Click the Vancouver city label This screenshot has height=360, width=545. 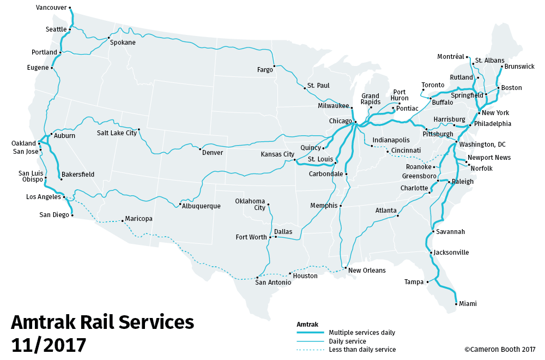(x=52, y=8)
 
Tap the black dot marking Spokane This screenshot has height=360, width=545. (x=108, y=38)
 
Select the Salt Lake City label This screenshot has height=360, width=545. (x=117, y=133)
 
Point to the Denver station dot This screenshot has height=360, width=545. (x=201, y=149)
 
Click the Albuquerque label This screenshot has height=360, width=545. (x=202, y=206)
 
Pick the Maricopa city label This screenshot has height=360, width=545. (x=138, y=219)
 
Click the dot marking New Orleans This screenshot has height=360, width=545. (x=346, y=268)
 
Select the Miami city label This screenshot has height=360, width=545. (x=468, y=304)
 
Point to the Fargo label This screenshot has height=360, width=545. (x=265, y=70)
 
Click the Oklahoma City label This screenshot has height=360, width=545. (x=250, y=204)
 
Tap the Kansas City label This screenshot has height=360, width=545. (x=277, y=154)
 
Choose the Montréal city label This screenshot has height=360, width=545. (x=450, y=57)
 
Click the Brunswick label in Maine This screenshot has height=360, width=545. (x=519, y=67)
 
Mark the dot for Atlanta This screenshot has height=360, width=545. (x=398, y=216)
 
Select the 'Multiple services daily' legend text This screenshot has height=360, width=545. (x=362, y=333)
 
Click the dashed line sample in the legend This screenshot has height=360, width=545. (x=311, y=350)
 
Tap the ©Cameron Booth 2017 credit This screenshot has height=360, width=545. (x=500, y=350)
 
